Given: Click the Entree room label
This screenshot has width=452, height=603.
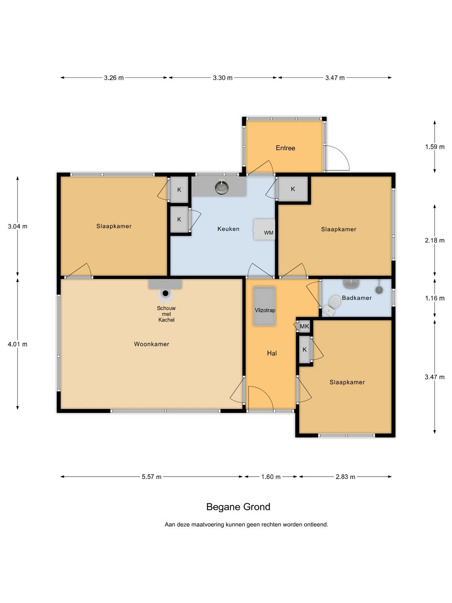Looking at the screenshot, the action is tap(285, 148).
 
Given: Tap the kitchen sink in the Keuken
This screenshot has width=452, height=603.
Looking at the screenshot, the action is tap(222, 187).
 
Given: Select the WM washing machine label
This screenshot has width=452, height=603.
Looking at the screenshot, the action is tap(269, 233).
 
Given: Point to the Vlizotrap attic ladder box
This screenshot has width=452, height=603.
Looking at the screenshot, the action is tap(265, 306).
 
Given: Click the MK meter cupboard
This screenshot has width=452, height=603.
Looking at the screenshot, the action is tap(304, 326).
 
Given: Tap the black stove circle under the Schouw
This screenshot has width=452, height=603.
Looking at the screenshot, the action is tap(165, 294).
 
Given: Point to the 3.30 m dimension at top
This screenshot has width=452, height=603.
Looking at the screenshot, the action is tap(223, 78).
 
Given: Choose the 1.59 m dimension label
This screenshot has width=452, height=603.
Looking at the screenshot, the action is tap(435, 147).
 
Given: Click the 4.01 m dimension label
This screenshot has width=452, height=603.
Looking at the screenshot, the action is tap(18, 344).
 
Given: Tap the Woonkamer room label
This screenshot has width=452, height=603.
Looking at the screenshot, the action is tap(152, 344).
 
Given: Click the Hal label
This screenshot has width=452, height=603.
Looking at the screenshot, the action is tap(272, 353).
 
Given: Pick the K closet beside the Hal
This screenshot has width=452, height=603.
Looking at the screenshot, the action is tap(304, 350).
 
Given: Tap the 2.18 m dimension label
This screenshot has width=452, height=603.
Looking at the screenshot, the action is tap(435, 240).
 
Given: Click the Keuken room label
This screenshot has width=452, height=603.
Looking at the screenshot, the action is tap(229, 229).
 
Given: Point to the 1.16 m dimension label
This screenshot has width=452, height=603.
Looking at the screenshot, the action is tap(435, 298).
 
